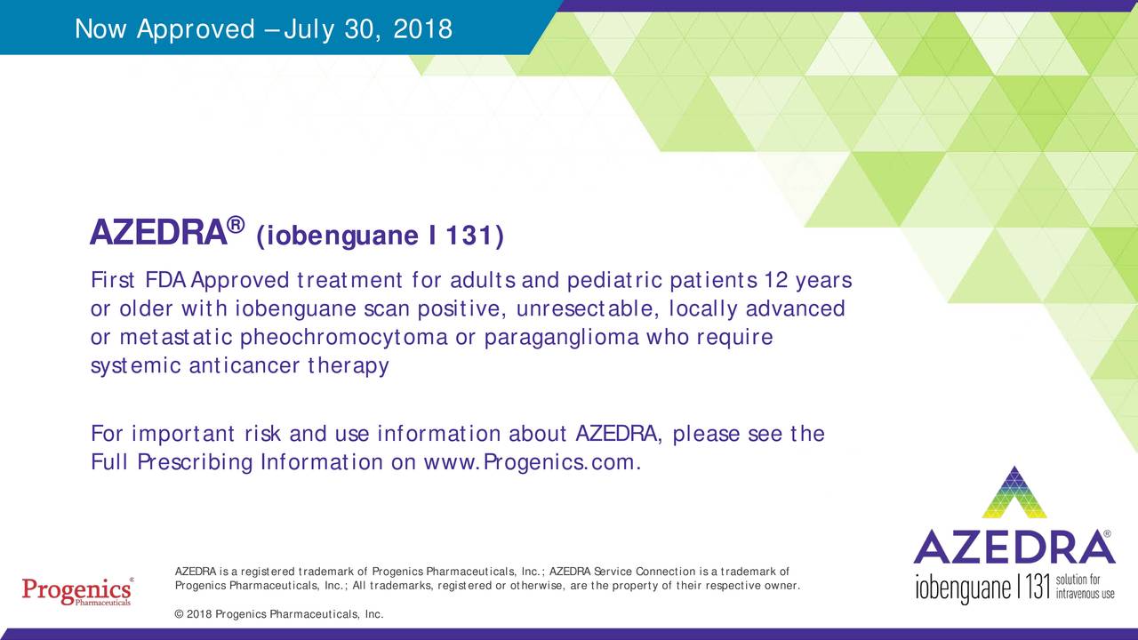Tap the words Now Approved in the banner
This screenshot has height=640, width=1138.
(164, 30)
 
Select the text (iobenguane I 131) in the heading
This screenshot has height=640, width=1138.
(380, 236)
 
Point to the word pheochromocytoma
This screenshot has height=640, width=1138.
(344, 338)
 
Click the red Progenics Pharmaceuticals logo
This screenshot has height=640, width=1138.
(76, 591)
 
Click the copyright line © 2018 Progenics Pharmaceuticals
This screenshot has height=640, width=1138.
(279, 614)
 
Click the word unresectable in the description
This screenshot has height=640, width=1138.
(605, 309)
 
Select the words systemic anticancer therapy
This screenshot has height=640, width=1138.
(240, 366)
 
